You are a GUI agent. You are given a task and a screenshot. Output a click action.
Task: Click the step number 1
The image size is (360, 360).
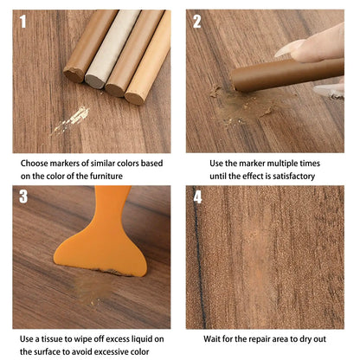tap(23, 22)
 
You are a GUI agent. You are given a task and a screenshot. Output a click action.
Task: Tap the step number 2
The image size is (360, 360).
tap(197, 22)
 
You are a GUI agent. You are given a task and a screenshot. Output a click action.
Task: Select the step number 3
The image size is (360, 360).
tap(23, 196)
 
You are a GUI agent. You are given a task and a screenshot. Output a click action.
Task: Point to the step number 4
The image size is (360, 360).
tap(197, 196)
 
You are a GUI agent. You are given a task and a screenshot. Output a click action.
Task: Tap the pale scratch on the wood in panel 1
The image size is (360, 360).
tap(71, 119)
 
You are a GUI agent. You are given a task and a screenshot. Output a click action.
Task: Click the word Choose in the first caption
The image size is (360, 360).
tap(38, 162)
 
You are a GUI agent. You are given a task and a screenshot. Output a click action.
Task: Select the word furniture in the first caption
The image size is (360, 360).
tap(122, 177)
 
